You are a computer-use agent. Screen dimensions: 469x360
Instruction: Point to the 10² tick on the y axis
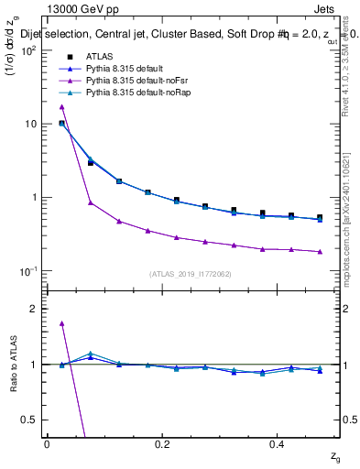click(29, 50)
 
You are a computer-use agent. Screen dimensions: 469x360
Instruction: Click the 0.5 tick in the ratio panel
click(29, 420)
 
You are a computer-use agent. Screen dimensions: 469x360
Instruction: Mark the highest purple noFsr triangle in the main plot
click(61, 107)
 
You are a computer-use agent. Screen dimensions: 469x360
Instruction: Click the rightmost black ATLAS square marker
click(320, 218)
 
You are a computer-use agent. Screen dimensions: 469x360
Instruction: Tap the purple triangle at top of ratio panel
click(61, 323)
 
